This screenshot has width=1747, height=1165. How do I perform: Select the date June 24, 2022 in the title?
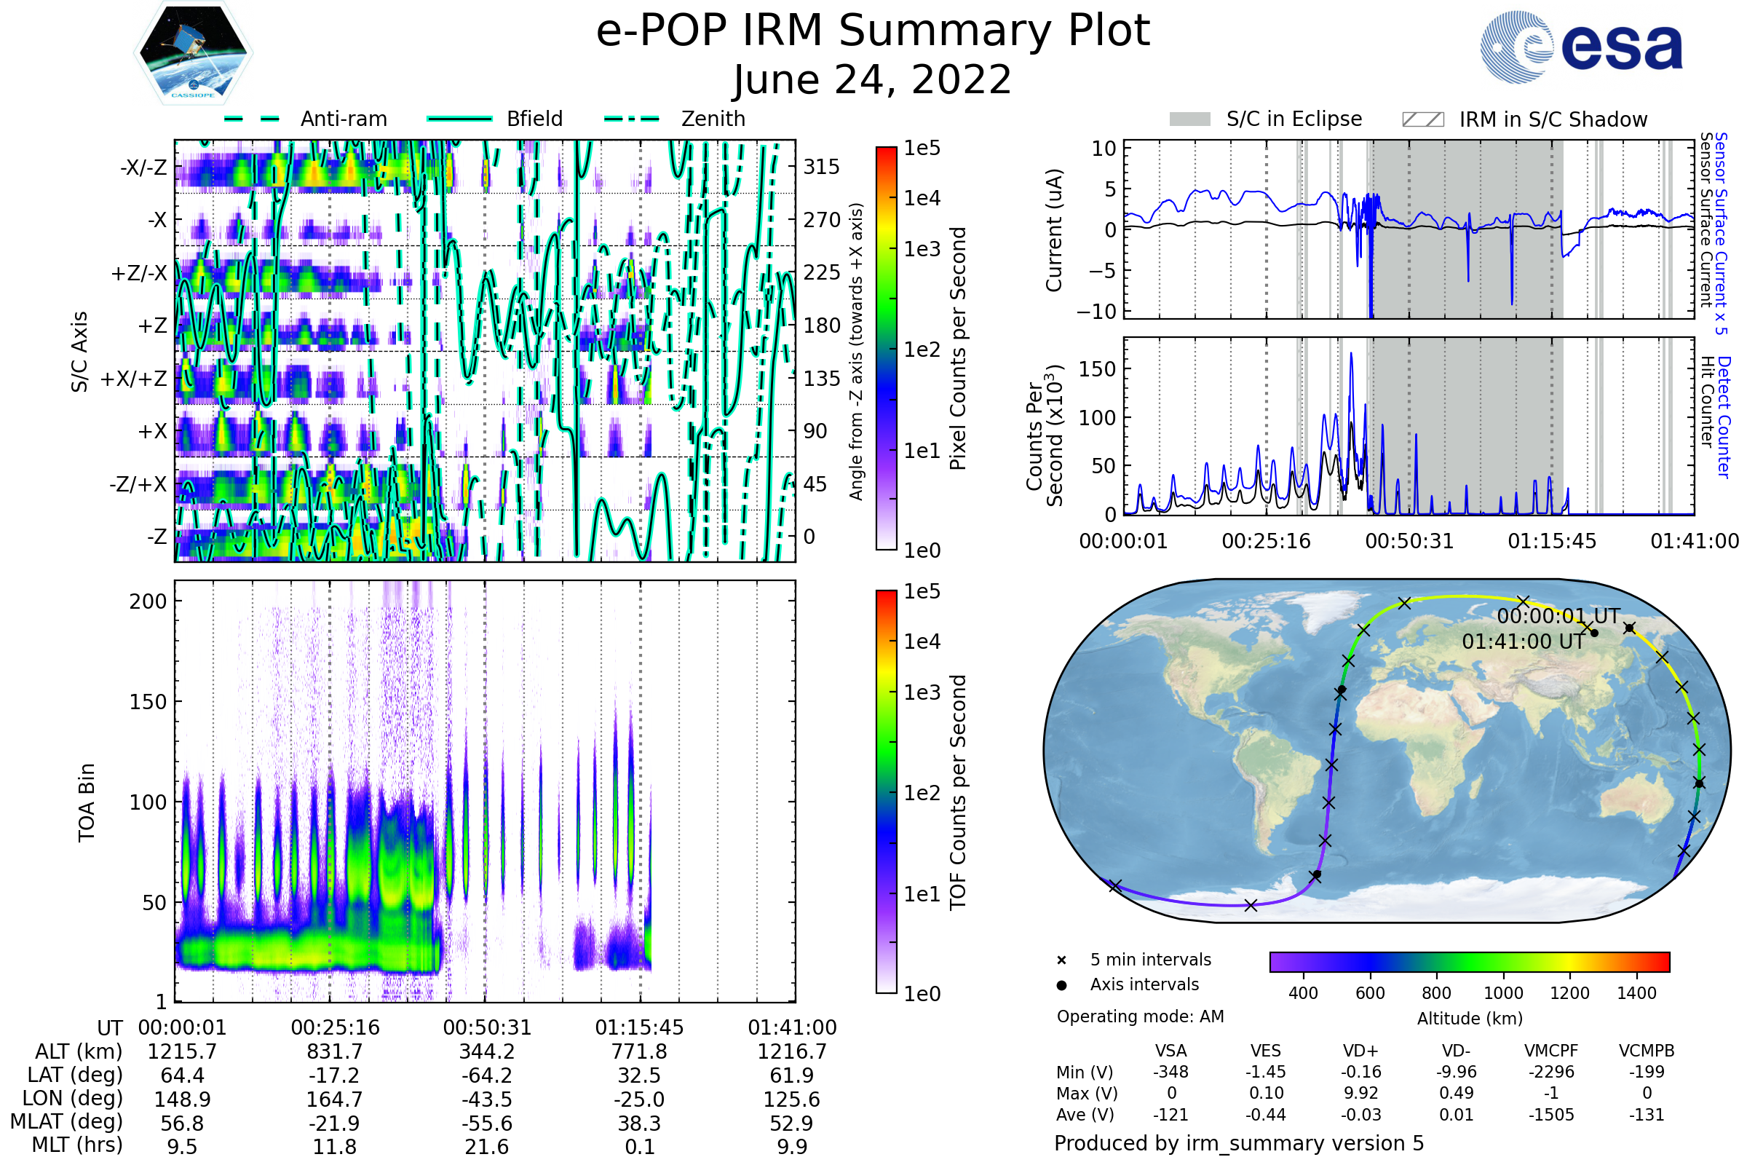pyautogui.click(x=872, y=79)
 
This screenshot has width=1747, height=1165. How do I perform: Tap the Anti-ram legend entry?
pyautogui.click(x=343, y=119)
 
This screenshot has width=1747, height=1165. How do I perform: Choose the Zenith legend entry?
pyautogui.click(x=713, y=119)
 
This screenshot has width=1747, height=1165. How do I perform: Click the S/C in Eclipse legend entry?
pyautogui.click(x=1294, y=119)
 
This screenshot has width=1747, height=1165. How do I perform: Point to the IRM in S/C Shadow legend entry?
pyautogui.click(x=1553, y=119)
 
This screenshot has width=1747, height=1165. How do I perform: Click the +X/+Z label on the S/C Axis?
pyautogui.click(x=134, y=379)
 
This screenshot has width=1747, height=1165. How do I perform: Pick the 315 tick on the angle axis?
pyautogui.click(x=822, y=167)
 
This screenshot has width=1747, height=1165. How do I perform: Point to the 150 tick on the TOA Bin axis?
pyautogui.click(x=148, y=702)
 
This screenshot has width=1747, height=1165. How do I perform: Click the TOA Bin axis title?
pyautogui.click(x=86, y=802)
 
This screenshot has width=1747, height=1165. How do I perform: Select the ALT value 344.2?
pyautogui.click(x=487, y=1052)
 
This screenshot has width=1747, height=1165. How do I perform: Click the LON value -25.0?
pyautogui.click(x=640, y=1099)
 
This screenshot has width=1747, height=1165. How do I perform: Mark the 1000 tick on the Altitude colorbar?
pyautogui.click(x=1503, y=993)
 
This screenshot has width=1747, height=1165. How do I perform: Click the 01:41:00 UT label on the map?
pyautogui.click(x=1523, y=642)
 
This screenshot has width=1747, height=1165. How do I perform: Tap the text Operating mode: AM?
pyautogui.click(x=1140, y=1016)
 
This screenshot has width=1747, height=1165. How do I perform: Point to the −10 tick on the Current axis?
pyautogui.click(x=1097, y=312)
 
